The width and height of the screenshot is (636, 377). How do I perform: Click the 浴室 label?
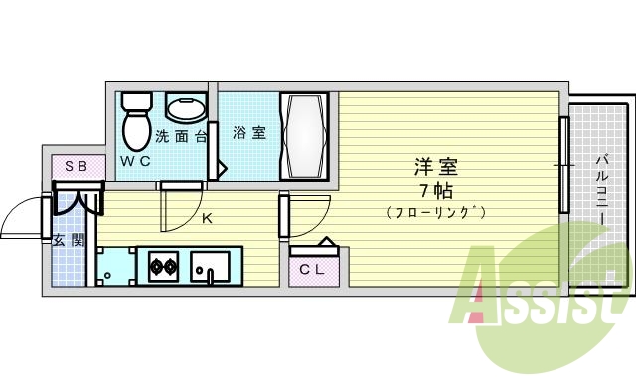[249, 132]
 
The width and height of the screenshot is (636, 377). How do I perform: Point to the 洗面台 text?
[180, 136]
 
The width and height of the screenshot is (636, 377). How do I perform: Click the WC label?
[135, 160]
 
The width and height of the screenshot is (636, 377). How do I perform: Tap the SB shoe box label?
[76, 166]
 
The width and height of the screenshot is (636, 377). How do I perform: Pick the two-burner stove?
[162, 266]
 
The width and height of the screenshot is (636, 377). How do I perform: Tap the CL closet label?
[310, 267]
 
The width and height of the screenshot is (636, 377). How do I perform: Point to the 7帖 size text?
[434, 188]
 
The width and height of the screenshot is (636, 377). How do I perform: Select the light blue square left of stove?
[115, 266]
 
